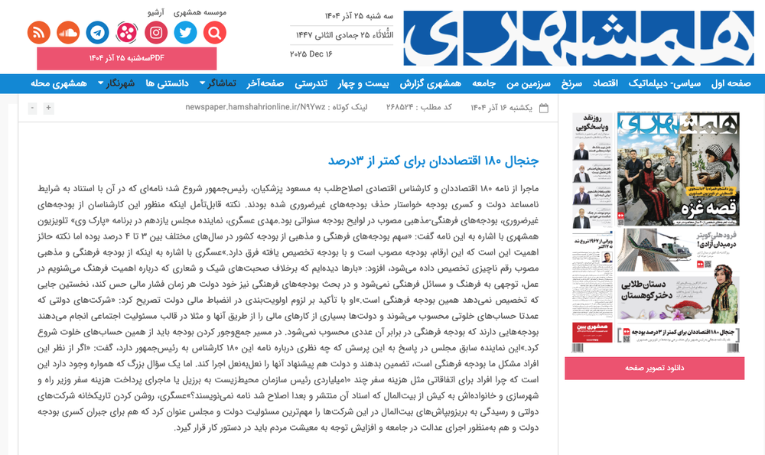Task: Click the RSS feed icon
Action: tap(38, 32)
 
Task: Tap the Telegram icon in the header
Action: tap(97, 32)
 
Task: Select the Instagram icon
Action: tap(156, 32)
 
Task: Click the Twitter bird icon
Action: tap(185, 32)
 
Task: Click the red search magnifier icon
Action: tap(215, 32)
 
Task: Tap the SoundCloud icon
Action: tap(68, 32)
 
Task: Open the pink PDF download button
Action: tap(127, 58)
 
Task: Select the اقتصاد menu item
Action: tap(623, 83)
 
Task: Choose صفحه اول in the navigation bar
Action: tap(731, 83)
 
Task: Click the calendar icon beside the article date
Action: tap(543, 108)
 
